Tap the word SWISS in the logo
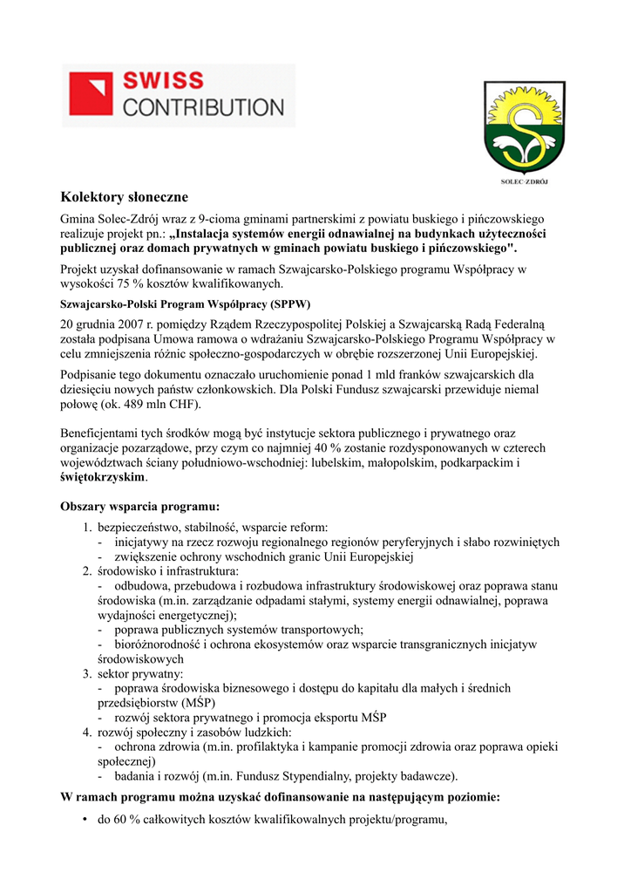pyautogui.click(x=162, y=81)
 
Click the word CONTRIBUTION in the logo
pyautogui.click(x=202, y=107)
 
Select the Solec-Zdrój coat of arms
pyautogui.click(x=518, y=128)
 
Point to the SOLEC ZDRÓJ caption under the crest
pyautogui.click(x=519, y=182)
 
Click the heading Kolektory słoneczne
pyautogui.click(x=124, y=198)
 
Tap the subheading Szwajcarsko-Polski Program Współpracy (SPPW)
pyautogui.click(x=178, y=304)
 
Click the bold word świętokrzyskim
pyautogui.click(x=102, y=478)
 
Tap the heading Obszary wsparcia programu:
pyautogui.click(x=139, y=506)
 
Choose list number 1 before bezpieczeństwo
pyautogui.click(x=87, y=527)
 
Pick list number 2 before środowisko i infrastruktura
pyautogui.click(x=87, y=571)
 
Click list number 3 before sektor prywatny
pyautogui.click(x=87, y=674)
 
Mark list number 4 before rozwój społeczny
pyautogui.click(x=87, y=733)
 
